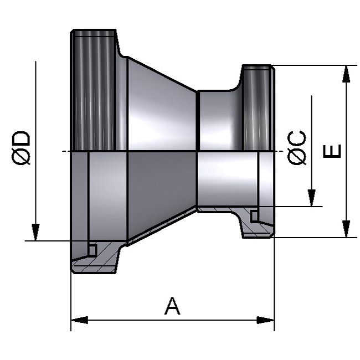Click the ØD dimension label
click(x=22, y=148)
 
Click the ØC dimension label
click(x=297, y=148)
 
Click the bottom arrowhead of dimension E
click(x=346, y=229)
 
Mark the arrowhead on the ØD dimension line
click(x=35, y=232)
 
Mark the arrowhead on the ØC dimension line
click(x=312, y=198)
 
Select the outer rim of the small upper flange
click(x=258, y=108)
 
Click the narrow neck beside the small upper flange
click(x=216, y=119)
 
